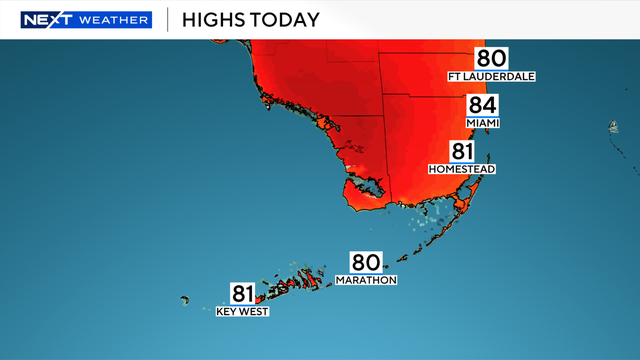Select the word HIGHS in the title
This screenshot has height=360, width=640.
215,20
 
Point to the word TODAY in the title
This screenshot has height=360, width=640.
288,20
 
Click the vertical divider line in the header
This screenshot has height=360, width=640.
167,20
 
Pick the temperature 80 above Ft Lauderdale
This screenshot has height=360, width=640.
491,59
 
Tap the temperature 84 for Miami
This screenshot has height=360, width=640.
482,105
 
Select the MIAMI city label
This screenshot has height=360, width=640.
482,122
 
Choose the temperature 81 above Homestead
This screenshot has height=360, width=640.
462,151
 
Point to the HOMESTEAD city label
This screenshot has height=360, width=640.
461,169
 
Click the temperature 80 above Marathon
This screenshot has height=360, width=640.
365,262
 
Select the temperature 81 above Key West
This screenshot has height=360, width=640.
243,294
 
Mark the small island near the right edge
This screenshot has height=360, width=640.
612,127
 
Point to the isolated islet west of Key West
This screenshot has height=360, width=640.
184,299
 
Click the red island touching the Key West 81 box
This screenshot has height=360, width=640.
261,297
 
